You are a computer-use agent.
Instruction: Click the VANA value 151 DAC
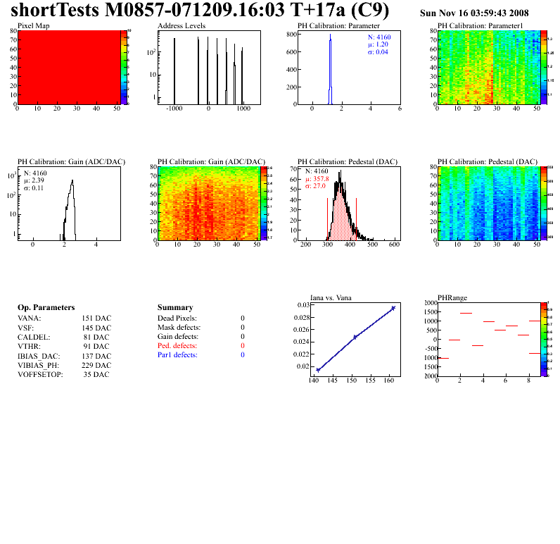pyautogui.click(x=96, y=319)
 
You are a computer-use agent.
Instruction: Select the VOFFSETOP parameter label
pyautogui.click(x=39, y=374)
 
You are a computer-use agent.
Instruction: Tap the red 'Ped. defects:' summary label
pyautogui.click(x=177, y=346)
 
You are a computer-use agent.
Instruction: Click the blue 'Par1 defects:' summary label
pyautogui.click(x=177, y=355)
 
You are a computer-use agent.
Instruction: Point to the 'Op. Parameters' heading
pyautogui.click(x=46, y=308)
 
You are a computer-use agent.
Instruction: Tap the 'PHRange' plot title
pyautogui.click(x=452, y=297)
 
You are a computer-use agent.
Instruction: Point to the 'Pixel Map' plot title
pyautogui.click(x=33, y=25)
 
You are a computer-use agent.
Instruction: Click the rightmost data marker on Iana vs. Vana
pyautogui.click(x=393, y=308)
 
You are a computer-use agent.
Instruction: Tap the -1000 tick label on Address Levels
pyautogui.click(x=174, y=109)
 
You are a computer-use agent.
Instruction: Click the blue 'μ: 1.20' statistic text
pyautogui.click(x=378, y=44)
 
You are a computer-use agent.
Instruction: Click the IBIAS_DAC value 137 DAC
pyautogui.click(x=96, y=356)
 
